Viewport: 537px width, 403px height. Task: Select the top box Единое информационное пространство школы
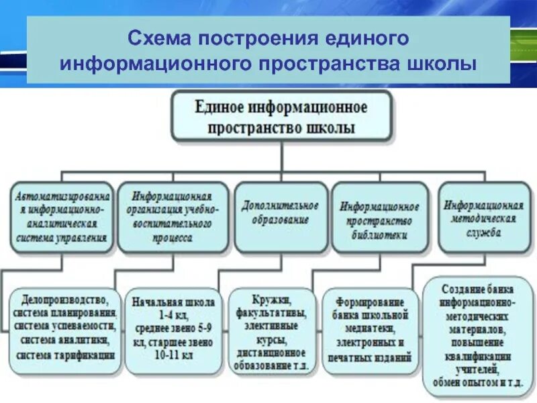[x=281, y=116]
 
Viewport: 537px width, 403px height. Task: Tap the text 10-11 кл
[x=173, y=356]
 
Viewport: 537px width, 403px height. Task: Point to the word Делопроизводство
[x=61, y=298]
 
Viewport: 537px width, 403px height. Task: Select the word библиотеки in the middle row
[x=379, y=235]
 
